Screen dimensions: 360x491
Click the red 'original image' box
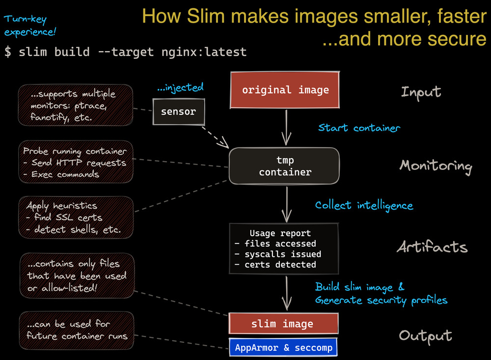[285, 90]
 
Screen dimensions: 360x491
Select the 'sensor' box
[178, 111]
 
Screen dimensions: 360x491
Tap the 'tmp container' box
[285, 166]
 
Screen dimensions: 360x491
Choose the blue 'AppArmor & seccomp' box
[283, 348]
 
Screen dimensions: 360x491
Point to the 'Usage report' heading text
[280, 233]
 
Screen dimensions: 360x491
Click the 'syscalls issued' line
[278, 254]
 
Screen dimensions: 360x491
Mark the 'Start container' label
[359, 128]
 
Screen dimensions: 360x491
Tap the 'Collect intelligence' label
[364, 205]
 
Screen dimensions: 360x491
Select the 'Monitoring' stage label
[436, 166]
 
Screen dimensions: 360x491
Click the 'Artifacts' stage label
[432, 247]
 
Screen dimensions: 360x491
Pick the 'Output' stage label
[425, 335]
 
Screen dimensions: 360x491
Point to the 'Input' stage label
[421, 92]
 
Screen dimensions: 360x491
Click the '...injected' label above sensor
[180, 88]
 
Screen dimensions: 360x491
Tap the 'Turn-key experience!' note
[30, 26]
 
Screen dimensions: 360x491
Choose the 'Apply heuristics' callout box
[76, 217]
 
